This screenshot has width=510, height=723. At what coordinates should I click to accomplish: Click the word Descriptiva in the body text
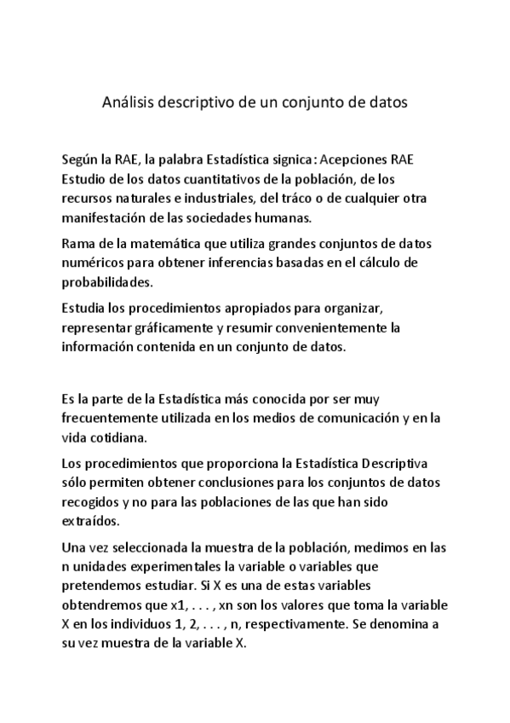click(399, 464)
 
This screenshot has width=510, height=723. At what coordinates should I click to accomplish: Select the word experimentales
click(180, 566)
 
